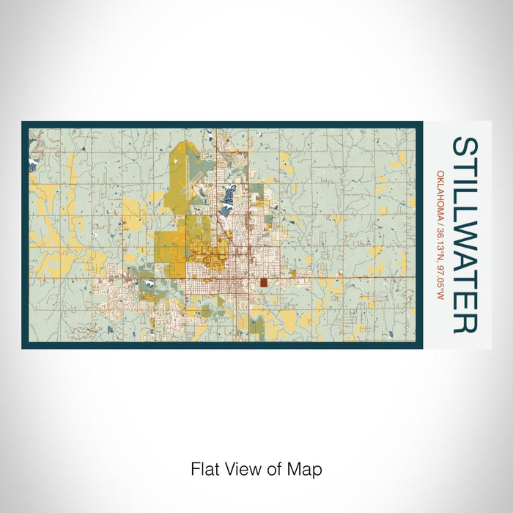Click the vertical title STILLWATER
point(465,235)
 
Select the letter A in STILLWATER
point(465,263)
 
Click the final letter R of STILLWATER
point(465,322)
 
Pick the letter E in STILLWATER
point(465,302)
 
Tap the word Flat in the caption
point(204,468)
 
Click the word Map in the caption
point(307,468)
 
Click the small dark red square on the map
point(262,283)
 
